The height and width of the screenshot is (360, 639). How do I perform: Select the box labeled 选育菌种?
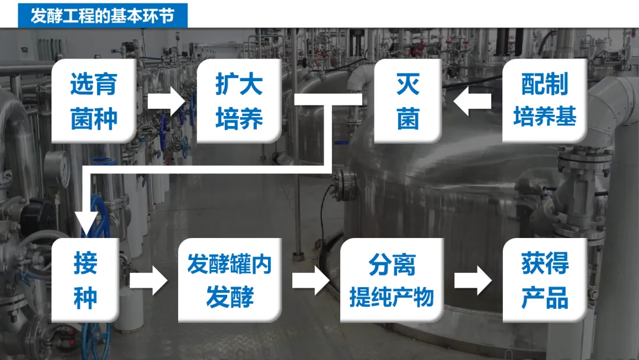pyautogui.click(x=94, y=101)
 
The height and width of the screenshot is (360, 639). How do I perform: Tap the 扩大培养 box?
pyautogui.click(x=239, y=101)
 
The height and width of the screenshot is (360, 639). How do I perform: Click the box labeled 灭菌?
pyautogui.click(x=408, y=101)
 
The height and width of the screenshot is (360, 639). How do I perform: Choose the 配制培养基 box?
pyautogui.click(x=545, y=101)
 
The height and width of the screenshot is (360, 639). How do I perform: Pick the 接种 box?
pyautogui.click(x=86, y=280)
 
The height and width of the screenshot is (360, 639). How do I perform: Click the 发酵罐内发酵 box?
pyautogui.click(x=230, y=280)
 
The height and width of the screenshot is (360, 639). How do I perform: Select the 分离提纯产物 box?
pyautogui.click(x=392, y=280)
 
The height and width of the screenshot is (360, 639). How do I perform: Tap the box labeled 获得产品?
pyautogui.click(x=545, y=280)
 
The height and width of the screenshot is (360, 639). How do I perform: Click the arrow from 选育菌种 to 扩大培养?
pyautogui.click(x=167, y=101)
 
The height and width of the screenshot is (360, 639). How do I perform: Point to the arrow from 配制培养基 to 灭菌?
pyautogui.click(x=472, y=101)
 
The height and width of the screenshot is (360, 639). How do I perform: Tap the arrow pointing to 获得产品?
pyautogui.click(x=473, y=280)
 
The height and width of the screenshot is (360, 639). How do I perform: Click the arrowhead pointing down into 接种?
pyautogui.click(x=87, y=225)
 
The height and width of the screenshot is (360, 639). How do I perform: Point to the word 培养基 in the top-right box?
pyautogui.click(x=545, y=117)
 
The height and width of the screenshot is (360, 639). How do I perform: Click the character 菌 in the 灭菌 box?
pyautogui.click(x=408, y=118)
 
